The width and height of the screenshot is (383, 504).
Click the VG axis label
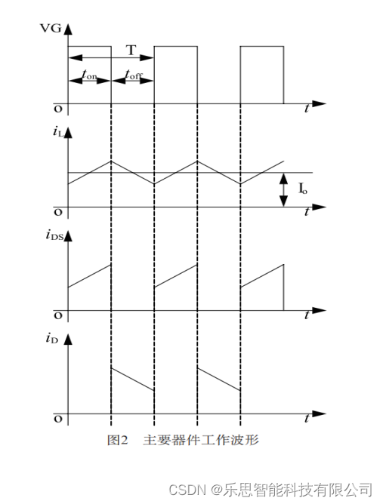(50, 28)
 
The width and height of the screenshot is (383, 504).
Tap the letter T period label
(131, 50)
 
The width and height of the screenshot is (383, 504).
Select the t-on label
(89, 75)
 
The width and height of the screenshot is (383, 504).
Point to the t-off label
(134, 75)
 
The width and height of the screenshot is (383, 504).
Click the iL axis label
(58, 132)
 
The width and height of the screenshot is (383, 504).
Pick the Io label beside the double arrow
(302, 188)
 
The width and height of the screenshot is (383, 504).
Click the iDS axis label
(54, 235)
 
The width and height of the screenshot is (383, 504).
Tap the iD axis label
(52, 339)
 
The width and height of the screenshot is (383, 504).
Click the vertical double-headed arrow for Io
(283, 189)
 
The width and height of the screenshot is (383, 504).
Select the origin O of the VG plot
(58, 109)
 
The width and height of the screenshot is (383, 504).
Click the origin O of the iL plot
(58, 213)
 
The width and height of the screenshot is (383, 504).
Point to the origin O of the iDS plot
(58, 316)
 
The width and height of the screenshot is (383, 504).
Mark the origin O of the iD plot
(58, 419)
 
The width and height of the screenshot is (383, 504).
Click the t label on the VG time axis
(307, 109)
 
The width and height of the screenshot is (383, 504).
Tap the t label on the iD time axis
(307, 419)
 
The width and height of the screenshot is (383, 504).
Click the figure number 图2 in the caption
(118, 440)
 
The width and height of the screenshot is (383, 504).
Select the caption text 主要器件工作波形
(201, 440)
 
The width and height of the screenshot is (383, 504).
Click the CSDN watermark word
(187, 490)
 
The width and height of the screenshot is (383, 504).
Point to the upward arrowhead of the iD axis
(68, 339)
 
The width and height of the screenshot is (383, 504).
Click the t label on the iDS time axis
(307, 315)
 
